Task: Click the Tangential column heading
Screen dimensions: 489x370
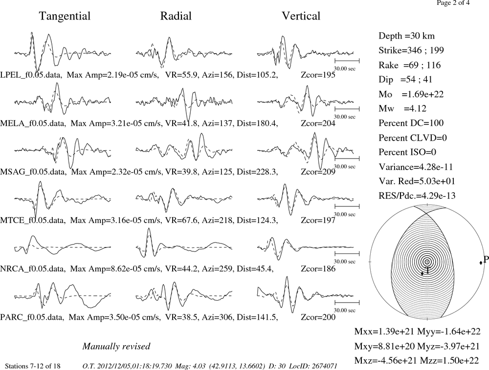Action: pos(65,16)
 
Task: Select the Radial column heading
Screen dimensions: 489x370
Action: pos(176,16)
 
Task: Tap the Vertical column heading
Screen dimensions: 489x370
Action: pos(301,16)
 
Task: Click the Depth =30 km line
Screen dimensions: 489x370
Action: pos(406,36)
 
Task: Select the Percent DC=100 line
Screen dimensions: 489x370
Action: pos(411,123)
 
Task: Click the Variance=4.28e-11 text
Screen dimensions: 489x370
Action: pos(416,167)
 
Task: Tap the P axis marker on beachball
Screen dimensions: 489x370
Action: pos(481,263)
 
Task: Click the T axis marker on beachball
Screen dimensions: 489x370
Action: pos(422,273)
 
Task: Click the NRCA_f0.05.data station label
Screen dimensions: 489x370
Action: pos(33,268)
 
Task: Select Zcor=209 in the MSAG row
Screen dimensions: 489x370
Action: pos(318,172)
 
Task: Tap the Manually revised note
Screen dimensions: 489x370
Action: pos(116,347)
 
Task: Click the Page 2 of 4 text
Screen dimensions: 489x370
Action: pos(453,3)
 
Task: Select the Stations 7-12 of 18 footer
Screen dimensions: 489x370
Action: pos(33,366)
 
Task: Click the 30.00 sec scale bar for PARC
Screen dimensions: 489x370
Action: pos(347,302)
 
